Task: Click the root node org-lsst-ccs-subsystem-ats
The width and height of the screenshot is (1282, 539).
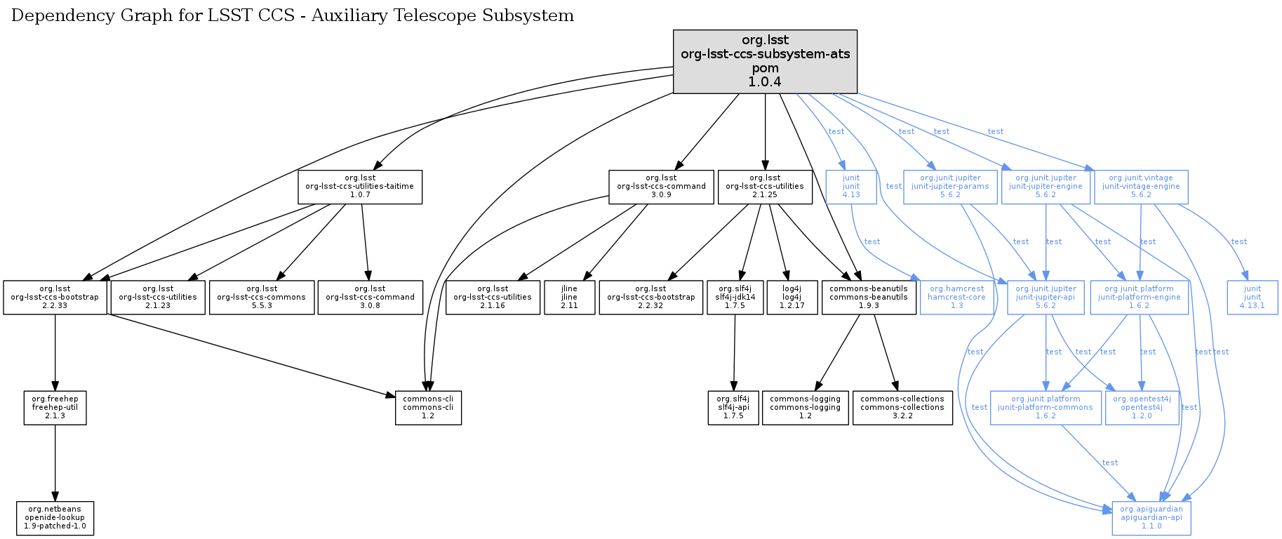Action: click(x=765, y=61)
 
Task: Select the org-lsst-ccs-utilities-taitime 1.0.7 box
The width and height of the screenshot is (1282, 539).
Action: click(x=360, y=187)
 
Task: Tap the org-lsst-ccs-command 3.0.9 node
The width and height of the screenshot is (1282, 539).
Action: click(x=661, y=187)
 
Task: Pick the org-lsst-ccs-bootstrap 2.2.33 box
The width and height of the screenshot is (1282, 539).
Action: click(x=55, y=298)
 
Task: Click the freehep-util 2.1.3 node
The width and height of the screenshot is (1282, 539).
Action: click(x=55, y=408)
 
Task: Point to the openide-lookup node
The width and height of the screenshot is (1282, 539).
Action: click(x=55, y=518)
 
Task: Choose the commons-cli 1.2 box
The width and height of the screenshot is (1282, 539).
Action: click(x=428, y=408)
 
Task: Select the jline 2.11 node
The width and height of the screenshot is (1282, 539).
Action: click(x=569, y=298)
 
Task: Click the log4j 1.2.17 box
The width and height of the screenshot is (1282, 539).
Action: click(x=792, y=298)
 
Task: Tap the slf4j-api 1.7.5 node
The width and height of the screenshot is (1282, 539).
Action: click(x=733, y=408)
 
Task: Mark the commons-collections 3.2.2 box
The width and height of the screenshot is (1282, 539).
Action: click(x=902, y=408)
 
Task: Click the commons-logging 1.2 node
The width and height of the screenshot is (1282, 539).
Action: click(x=805, y=408)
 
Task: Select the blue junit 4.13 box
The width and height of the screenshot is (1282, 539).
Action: click(x=851, y=187)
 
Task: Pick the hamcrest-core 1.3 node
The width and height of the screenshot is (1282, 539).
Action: click(x=956, y=298)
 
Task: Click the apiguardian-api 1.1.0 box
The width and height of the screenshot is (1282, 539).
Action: click(x=1151, y=518)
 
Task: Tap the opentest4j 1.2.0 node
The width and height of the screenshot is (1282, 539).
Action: click(x=1142, y=408)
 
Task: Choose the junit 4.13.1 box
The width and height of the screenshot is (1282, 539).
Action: click(x=1253, y=298)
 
